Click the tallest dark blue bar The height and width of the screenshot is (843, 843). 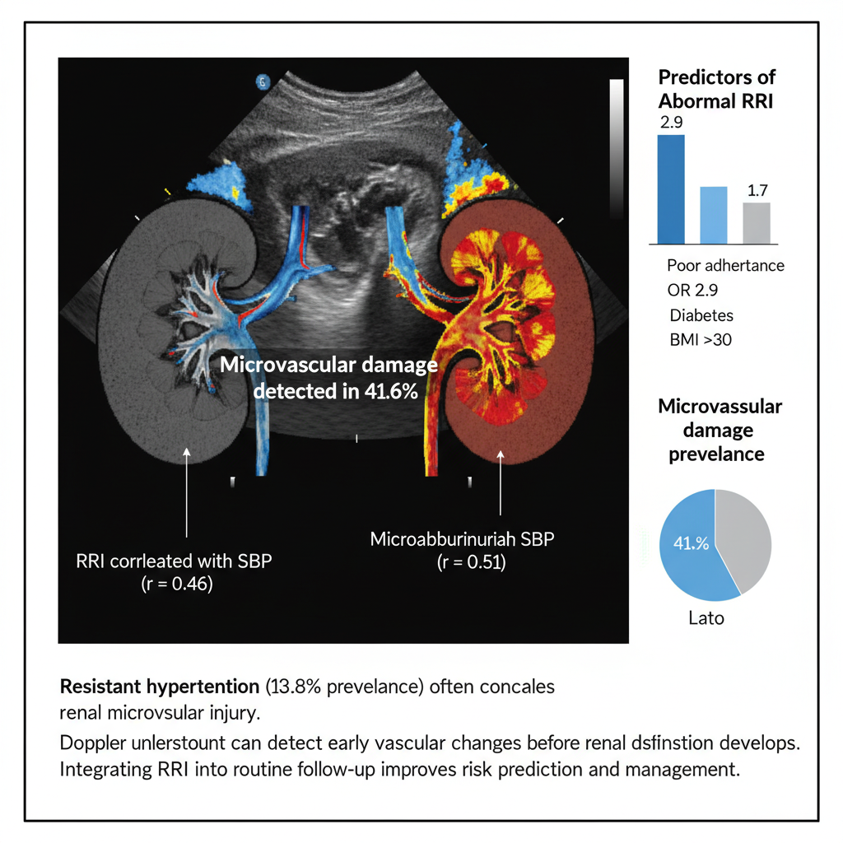pos(671,189)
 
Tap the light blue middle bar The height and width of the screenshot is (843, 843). pos(714,215)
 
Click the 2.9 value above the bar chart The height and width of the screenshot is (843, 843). pos(672,122)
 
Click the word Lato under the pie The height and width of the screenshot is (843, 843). pos(706,617)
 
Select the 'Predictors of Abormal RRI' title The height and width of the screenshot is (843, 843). pos(717,89)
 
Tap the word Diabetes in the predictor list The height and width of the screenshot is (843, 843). pos(701,315)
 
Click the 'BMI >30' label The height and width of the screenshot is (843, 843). pos(701,339)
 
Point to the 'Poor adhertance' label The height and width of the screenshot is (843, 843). pos(725,266)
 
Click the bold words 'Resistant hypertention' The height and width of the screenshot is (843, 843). pos(155,686)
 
